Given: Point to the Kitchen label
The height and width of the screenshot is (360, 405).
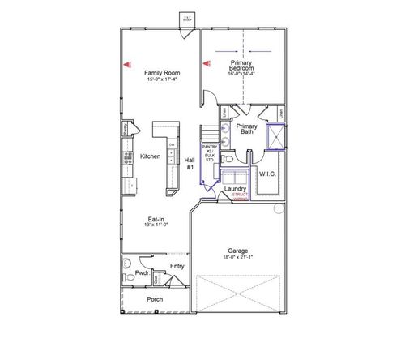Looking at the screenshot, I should pyautogui.click(x=150, y=156).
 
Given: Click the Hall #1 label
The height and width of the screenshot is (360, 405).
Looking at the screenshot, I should pyautogui.click(x=190, y=162).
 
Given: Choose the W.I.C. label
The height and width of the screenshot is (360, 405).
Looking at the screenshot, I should pyautogui.click(x=268, y=174).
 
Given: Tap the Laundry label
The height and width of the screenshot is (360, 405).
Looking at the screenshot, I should pyautogui.click(x=234, y=188).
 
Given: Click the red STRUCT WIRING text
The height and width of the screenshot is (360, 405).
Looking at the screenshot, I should pyautogui.click(x=241, y=197).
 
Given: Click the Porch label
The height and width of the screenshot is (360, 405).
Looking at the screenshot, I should pyautogui.click(x=155, y=299).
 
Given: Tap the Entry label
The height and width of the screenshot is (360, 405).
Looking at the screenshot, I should pyautogui.click(x=177, y=265).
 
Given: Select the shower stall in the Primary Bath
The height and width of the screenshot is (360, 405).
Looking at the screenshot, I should pyautogui.click(x=275, y=141).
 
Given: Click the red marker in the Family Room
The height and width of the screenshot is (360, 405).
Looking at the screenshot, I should pyautogui.click(x=127, y=63).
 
